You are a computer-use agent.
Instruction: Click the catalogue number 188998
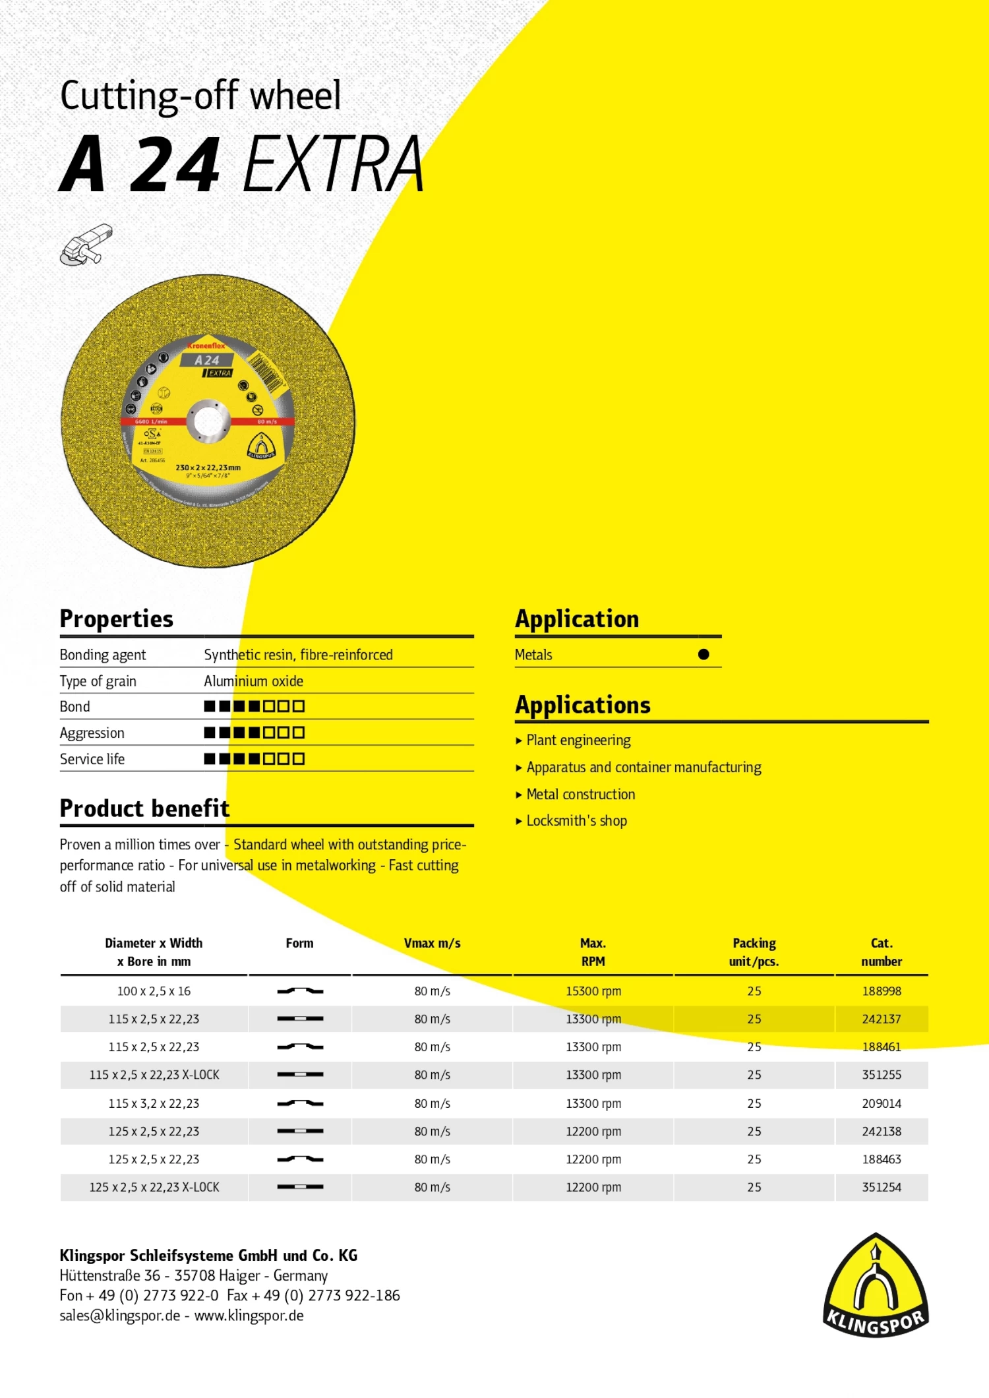click(x=881, y=991)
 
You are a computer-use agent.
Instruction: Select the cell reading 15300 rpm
click(x=593, y=991)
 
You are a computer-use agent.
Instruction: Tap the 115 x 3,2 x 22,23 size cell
click(x=154, y=1103)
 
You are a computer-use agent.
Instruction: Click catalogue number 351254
click(x=881, y=1187)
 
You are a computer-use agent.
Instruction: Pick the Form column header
click(x=299, y=943)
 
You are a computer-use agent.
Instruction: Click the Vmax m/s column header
click(x=432, y=943)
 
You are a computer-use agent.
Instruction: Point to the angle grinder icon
click(x=86, y=244)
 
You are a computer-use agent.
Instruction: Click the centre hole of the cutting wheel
click(x=208, y=421)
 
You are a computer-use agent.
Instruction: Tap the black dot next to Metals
click(x=704, y=654)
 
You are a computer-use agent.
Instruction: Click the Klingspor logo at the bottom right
click(x=876, y=1286)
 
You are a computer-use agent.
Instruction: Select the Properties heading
click(x=116, y=619)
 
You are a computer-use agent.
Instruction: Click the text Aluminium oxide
click(x=253, y=681)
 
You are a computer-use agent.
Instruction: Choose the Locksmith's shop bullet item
click(x=576, y=820)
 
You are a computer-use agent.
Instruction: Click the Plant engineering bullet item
click(x=578, y=740)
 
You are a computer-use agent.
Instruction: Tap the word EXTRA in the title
click(x=333, y=164)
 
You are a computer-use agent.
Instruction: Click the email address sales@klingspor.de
click(x=119, y=1316)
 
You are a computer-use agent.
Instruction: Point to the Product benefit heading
click(x=144, y=808)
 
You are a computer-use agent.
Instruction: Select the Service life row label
click(x=92, y=759)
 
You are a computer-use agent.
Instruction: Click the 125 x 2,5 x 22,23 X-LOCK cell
click(x=154, y=1187)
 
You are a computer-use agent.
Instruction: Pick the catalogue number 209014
click(x=881, y=1103)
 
